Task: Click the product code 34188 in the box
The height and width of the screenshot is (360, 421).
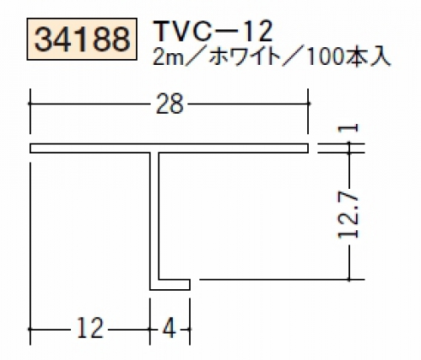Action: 82,39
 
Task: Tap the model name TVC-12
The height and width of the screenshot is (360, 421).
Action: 213,32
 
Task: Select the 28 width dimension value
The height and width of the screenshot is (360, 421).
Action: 169,104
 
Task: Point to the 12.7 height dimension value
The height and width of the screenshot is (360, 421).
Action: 348,216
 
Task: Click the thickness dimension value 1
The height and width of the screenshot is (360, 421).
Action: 348,128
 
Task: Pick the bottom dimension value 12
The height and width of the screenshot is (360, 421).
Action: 89,328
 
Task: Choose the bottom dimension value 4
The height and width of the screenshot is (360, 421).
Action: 169,328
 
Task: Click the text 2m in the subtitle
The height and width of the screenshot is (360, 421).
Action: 165,58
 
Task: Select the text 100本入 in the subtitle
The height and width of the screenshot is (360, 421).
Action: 349,58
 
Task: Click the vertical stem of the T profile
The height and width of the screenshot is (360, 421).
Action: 154,217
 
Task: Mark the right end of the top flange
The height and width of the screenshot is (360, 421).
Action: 308,148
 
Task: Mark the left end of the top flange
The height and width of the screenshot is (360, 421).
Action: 30,148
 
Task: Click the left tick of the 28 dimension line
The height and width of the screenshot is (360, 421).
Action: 30,104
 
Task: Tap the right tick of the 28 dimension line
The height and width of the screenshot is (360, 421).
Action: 308,104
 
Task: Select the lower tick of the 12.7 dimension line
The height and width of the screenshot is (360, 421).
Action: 349,280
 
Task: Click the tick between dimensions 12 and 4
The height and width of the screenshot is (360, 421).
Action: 150,329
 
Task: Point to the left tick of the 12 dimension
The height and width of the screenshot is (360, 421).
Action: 30,329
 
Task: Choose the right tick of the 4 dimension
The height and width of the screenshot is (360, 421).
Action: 191,329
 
